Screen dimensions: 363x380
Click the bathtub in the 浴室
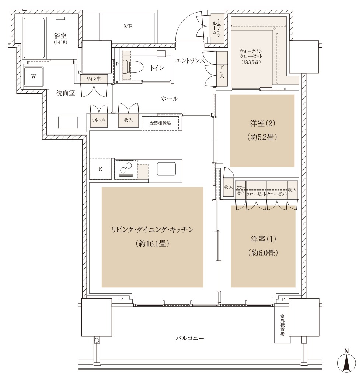tap(34, 38)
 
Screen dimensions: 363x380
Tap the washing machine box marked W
tap(34, 76)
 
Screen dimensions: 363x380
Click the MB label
tap(128, 27)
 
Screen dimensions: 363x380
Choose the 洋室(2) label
tap(262, 124)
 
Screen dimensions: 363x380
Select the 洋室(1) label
tap(263, 239)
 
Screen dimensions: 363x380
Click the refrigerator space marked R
tap(100, 169)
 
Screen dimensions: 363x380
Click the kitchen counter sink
tap(166, 169)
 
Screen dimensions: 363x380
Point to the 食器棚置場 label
tap(160, 123)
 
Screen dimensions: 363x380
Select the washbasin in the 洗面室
tap(68, 122)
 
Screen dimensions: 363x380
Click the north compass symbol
tap(347, 362)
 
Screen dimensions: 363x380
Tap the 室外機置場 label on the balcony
tap(282, 325)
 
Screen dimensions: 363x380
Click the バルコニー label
tap(189, 338)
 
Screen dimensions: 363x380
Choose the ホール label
tap(169, 99)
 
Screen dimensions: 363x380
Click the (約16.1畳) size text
tap(152, 243)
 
